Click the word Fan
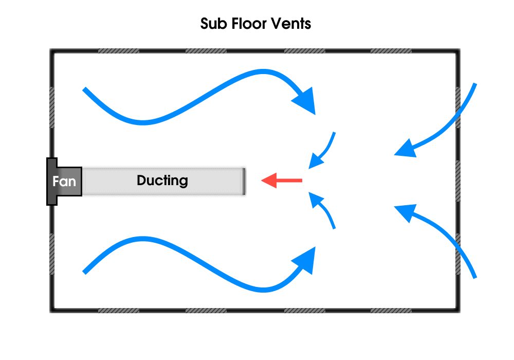[64, 182]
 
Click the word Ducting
[162, 181]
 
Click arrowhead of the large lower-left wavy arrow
[305, 260]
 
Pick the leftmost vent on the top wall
[118, 51]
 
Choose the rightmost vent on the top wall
[391, 51]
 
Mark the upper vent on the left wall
[52, 107]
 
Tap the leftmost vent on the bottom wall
[118, 311]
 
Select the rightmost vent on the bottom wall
[391, 311]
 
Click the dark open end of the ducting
[244, 182]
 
